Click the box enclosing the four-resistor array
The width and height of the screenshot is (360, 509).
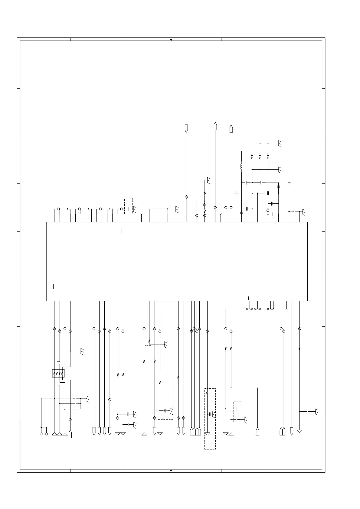(58, 373)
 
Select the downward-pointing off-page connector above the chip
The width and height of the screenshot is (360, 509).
(186, 128)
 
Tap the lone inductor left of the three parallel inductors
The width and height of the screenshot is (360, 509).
(241, 166)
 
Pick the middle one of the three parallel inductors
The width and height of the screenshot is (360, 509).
(260, 156)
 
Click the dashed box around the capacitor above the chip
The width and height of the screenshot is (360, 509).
(129, 206)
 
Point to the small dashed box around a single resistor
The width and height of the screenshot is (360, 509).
(148, 341)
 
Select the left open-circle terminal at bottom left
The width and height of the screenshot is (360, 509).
(41, 434)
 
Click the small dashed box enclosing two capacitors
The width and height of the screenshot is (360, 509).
(238, 411)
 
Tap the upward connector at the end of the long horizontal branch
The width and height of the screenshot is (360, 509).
(257, 431)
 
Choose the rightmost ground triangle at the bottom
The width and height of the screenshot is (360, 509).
(299, 431)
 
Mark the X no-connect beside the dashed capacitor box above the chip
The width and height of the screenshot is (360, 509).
(142, 214)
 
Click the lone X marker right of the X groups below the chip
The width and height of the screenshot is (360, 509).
(286, 309)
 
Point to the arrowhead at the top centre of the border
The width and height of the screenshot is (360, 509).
(171, 40)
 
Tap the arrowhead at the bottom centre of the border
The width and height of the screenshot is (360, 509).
(171, 470)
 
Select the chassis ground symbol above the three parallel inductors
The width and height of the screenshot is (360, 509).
(280, 144)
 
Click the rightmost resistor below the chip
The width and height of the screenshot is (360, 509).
(299, 348)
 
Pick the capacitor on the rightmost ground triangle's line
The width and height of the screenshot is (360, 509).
(308, 411)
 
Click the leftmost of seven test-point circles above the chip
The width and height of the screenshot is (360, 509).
(58, 209)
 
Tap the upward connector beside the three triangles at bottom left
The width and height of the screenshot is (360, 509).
(70, 434)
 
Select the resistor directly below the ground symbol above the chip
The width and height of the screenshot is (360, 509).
(205, 193)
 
